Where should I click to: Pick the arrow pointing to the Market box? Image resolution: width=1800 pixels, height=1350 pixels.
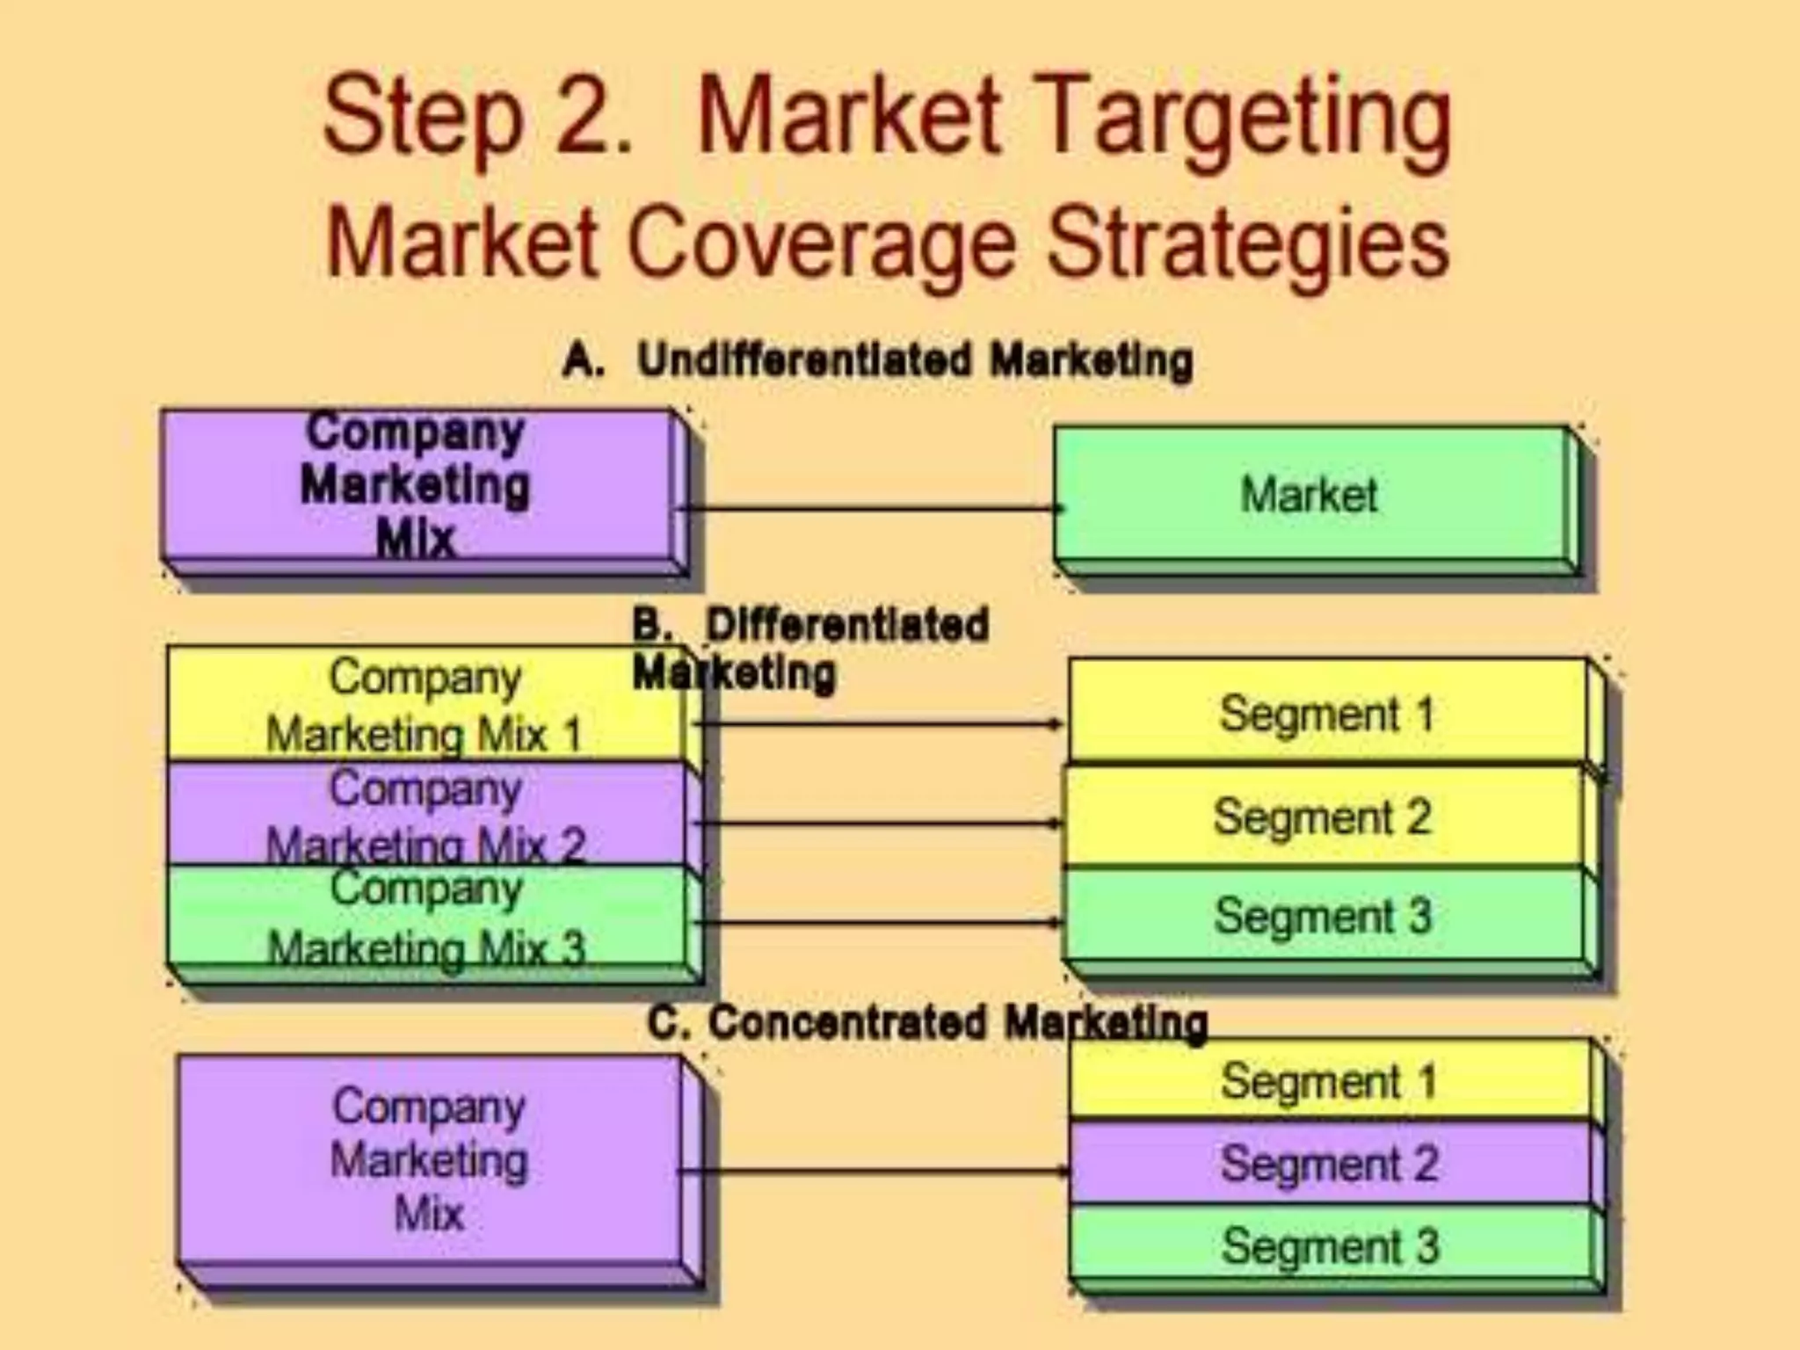[x=870, y=508]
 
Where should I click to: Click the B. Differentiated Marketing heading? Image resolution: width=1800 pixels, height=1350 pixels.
[x=809, y=649]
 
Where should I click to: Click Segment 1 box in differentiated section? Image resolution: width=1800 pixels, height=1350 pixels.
[x=1327, y=712]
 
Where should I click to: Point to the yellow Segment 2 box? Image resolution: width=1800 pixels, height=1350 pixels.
[x=1323, y=817]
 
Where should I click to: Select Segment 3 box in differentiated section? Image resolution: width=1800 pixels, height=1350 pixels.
[x=1323, y=916]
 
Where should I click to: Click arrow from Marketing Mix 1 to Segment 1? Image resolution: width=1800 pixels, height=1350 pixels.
[x=879, y=723]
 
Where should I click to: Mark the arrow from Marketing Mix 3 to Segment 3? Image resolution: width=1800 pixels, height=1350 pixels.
[x=879, y=922]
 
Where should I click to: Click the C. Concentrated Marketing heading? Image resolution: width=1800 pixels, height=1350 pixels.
[x=927, y=1023]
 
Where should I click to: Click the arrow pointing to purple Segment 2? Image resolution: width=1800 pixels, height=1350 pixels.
[x=875, y=1171]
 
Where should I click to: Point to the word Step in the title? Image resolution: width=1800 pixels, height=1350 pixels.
[x=422, y=119]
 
